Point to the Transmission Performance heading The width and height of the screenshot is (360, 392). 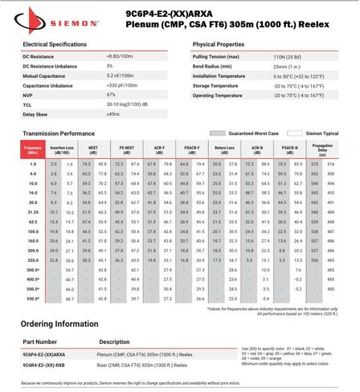click(63, 133)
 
